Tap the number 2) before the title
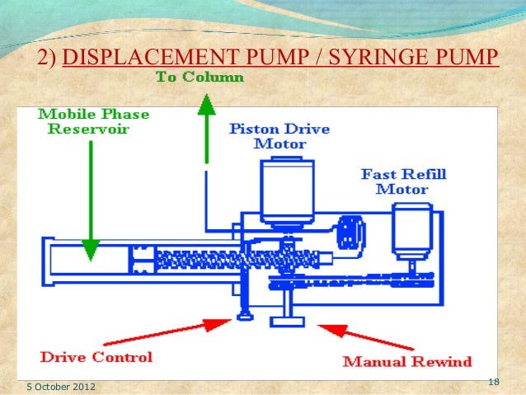48,58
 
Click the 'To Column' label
200,78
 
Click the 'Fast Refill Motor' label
395,181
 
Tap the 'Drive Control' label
96,357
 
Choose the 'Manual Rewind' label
406,360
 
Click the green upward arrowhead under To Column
205,102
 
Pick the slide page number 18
494,381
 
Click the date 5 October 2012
59,384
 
